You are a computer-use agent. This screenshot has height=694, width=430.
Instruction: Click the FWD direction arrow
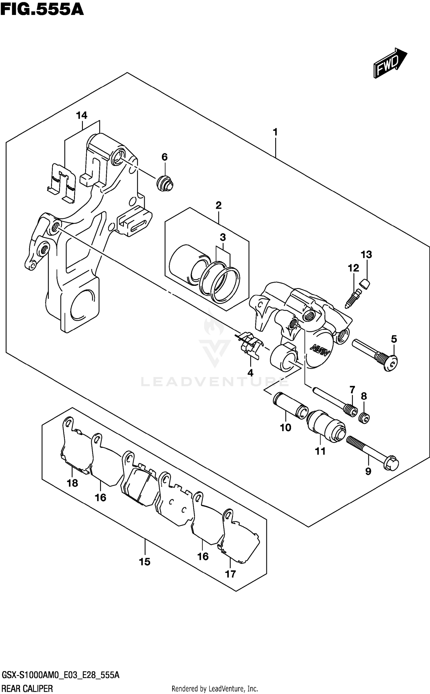click(x=390, y=63)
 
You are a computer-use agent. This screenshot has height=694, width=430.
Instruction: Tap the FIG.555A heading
click(x=42, y=9)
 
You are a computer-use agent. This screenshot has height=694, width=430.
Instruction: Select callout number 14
click(x=82, y=116)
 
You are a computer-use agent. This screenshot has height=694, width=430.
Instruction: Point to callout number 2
click(x=218, y=205)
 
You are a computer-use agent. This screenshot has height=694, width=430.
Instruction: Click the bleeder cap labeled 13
click(x=365, y=284)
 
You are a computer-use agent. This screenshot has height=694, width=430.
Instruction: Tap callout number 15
click(x=145, y=562)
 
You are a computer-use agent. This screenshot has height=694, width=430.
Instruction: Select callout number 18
click(x=72, y=483)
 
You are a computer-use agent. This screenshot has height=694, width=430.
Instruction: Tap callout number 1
click(x=275, y=132)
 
